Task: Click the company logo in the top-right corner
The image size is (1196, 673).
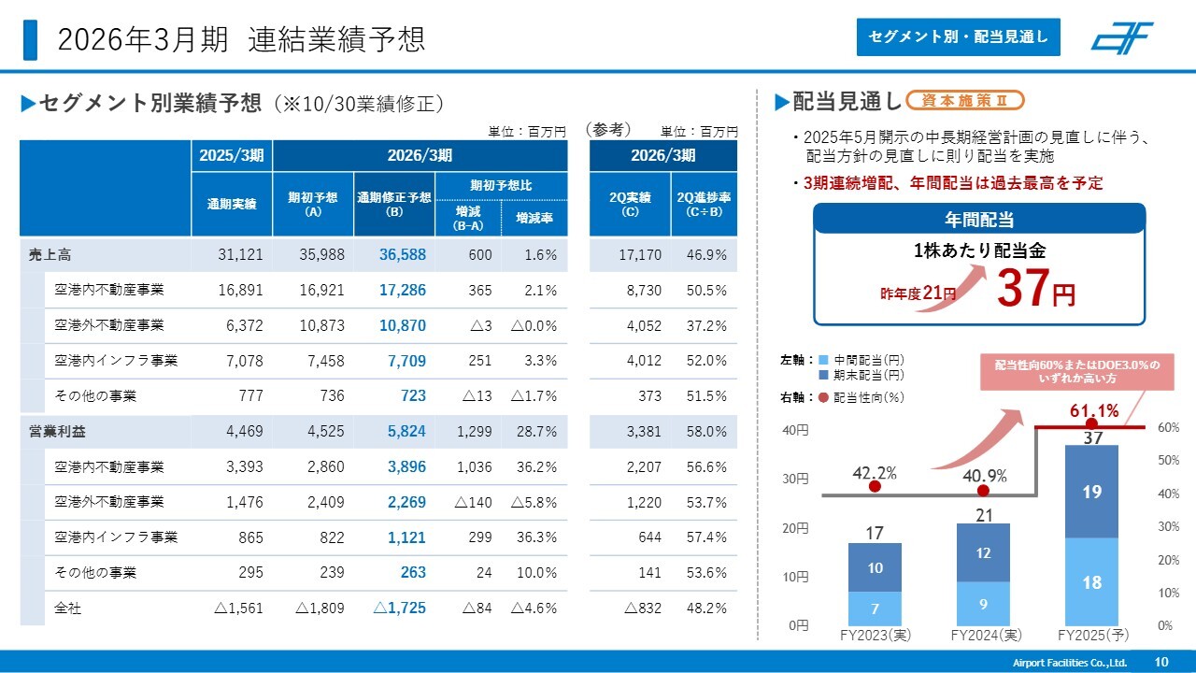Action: [1121, 37]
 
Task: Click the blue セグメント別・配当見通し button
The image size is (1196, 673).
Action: [959, 37]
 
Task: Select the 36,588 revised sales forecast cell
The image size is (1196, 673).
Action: [403, 254]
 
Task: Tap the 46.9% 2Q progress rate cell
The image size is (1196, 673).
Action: [706, 254]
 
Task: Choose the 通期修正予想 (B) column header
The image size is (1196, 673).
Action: [393, 204]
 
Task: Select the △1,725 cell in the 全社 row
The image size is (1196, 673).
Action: [400, 609]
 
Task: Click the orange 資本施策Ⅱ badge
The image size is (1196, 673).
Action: [965, 100]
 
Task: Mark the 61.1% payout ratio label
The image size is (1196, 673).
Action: [1094, 411]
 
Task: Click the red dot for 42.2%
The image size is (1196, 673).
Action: [875, 486]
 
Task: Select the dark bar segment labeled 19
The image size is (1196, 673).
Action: [1091, 492]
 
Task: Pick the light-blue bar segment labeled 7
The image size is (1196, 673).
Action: [875, 609]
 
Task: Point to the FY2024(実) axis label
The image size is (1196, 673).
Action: [983, 635]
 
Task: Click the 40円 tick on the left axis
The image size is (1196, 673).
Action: [796, 430]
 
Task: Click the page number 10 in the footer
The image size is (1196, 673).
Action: [1161, 662]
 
